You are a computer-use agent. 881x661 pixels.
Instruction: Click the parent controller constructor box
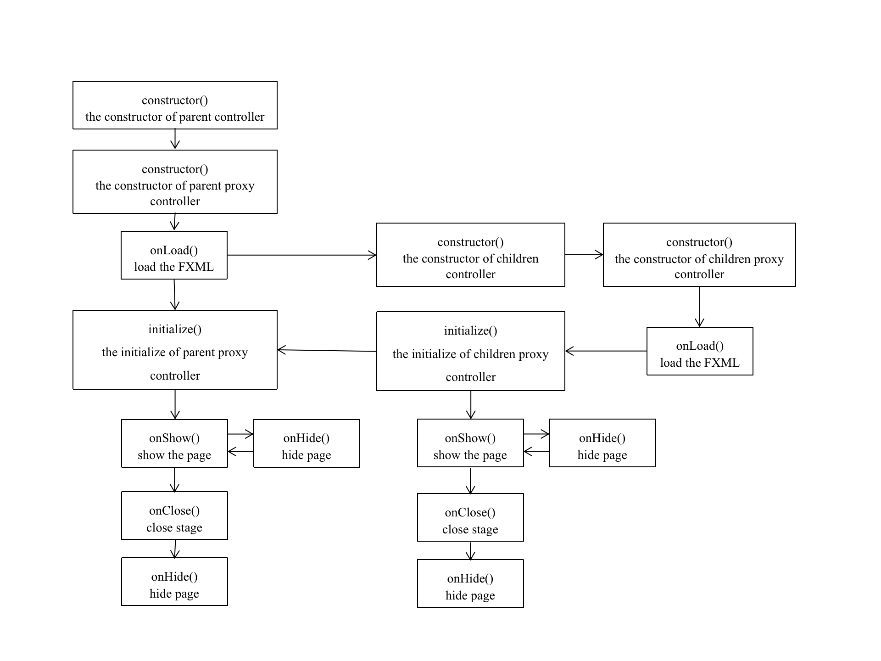(175, 105)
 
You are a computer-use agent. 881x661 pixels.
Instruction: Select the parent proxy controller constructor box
(175, 181)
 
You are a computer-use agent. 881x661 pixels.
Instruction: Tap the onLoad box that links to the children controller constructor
(174, 255)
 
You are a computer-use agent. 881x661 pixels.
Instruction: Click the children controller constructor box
(470, 255)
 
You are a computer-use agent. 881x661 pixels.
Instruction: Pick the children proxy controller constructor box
(699, 255)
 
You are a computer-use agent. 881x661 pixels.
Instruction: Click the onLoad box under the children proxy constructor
(699, 351)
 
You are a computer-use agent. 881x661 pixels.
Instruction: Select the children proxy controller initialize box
(470, 351)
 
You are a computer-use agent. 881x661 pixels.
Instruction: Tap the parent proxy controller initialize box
(175, 350)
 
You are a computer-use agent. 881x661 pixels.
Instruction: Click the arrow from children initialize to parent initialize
(327, 351)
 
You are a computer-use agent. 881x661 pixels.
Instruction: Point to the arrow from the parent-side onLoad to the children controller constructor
(301, 255)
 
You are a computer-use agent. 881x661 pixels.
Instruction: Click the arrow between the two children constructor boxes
(584, 255)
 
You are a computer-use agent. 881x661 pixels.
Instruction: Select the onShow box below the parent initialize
(174, 443)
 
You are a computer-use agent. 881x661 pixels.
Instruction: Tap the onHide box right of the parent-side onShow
(307, 443)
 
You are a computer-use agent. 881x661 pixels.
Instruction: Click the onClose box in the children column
(470, 517)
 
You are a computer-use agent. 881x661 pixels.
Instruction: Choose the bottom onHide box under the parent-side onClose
(174, 582)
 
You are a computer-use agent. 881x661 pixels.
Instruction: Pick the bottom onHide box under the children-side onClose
(470, 583)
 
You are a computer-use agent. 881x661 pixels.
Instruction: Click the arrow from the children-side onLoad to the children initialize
(606, 351)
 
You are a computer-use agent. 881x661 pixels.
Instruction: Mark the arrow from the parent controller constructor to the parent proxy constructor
(175, 139)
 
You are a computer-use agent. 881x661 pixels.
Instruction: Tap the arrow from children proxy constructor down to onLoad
(699, 307)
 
